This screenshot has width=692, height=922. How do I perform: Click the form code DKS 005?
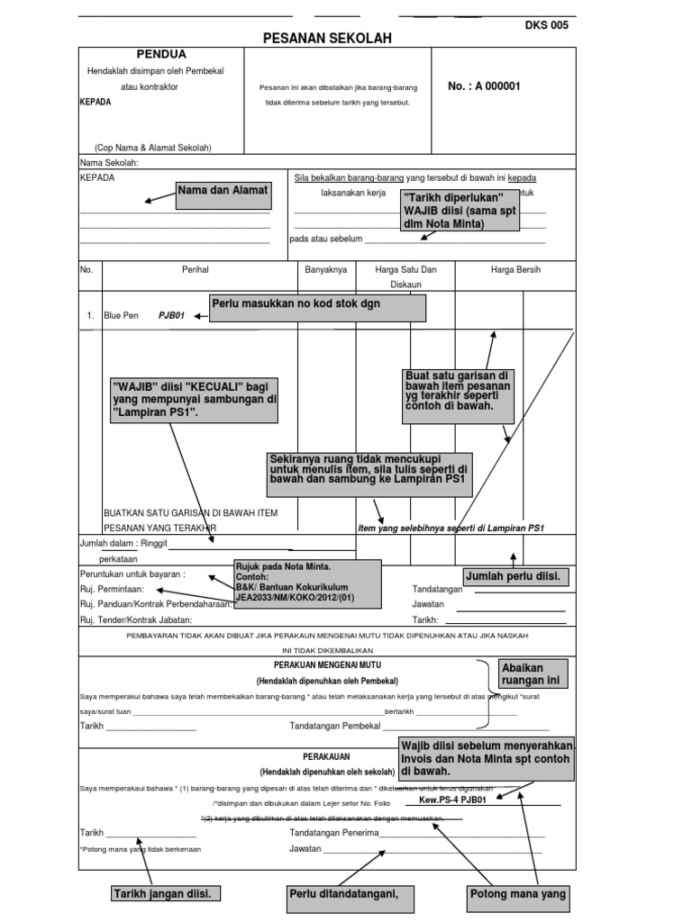547,25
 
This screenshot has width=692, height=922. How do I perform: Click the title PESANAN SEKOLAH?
327,41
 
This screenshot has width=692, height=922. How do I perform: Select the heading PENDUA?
161,55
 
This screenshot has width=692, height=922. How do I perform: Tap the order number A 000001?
484,86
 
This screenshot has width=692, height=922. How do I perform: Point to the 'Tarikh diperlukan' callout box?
460,210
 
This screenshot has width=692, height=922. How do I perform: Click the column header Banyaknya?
326,269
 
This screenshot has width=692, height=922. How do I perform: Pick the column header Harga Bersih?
515,269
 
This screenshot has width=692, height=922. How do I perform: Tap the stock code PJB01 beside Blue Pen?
171,316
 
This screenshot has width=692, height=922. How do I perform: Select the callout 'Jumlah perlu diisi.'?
516,576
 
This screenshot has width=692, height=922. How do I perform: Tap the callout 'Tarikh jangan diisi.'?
167,894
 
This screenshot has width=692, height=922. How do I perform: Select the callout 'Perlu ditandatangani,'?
343,894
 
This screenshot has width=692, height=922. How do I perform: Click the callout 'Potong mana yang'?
518,894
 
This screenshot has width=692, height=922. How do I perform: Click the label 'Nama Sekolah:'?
109,163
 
